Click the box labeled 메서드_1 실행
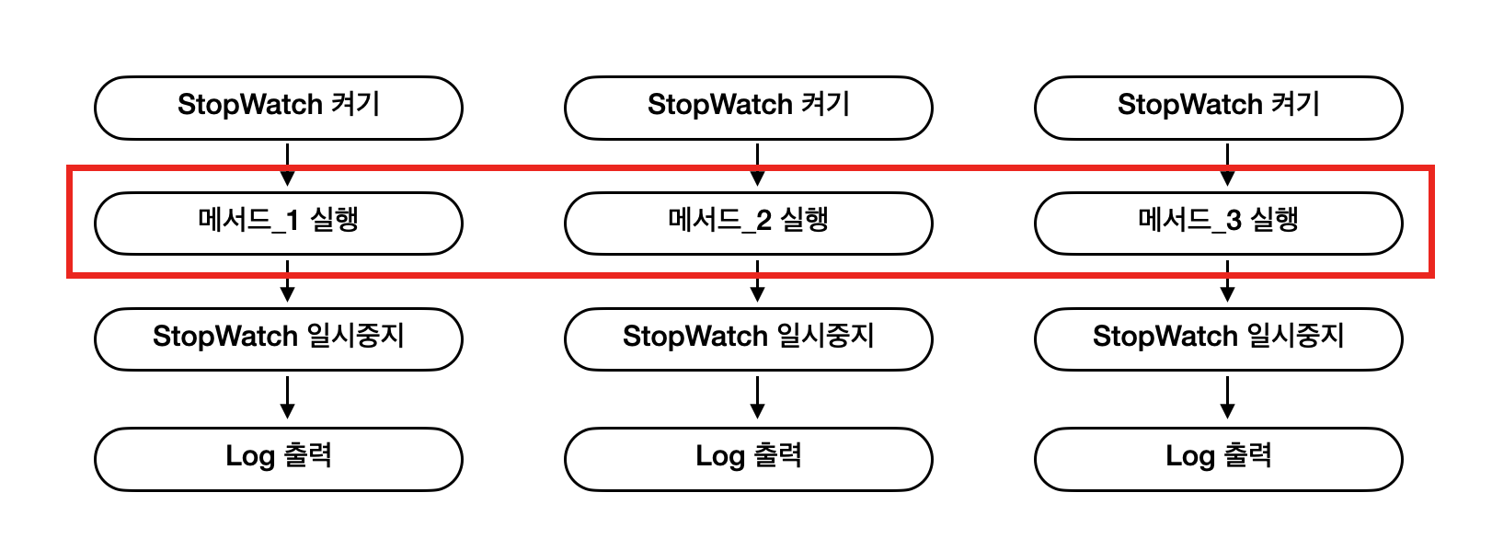pyautogui.click(x=278, y=223)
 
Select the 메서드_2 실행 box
pyautogui.click(x=748, y=223)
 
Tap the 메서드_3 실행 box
pyautogui.click(x=1218, y=223)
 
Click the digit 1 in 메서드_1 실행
pyautogui.click(x=293, y=221)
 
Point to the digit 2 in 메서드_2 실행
pyautogui.click(x=763, y=221)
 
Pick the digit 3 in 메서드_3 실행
pyautogui.click(x=1234, y=221)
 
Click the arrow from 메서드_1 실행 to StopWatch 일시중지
pyautogui.click(x=288, y=281)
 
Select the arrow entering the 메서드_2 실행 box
pyautogui.click(x=757, y=165)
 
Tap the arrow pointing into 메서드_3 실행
pyautogui.click(x=1227, y=165)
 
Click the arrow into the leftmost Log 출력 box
pyautogui.click(x=288, y=397)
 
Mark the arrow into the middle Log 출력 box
pyautogui.click(x=757, y=397)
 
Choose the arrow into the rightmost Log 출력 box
pyautogui.click(x=1227, y=397)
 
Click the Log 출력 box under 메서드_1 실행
pyautogui.click(x=278, y=459)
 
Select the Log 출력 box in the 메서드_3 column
pyautogui.click(x=1218, y=459)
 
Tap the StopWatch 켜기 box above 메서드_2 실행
pyautogui.click(x=748, y=108)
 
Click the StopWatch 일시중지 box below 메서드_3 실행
pyautogui.click(x=1218, y=338)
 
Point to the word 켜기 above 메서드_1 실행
pyautogui.click(x=355, y=104)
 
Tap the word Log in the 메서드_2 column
pyautogui.click(x=719, y=457)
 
